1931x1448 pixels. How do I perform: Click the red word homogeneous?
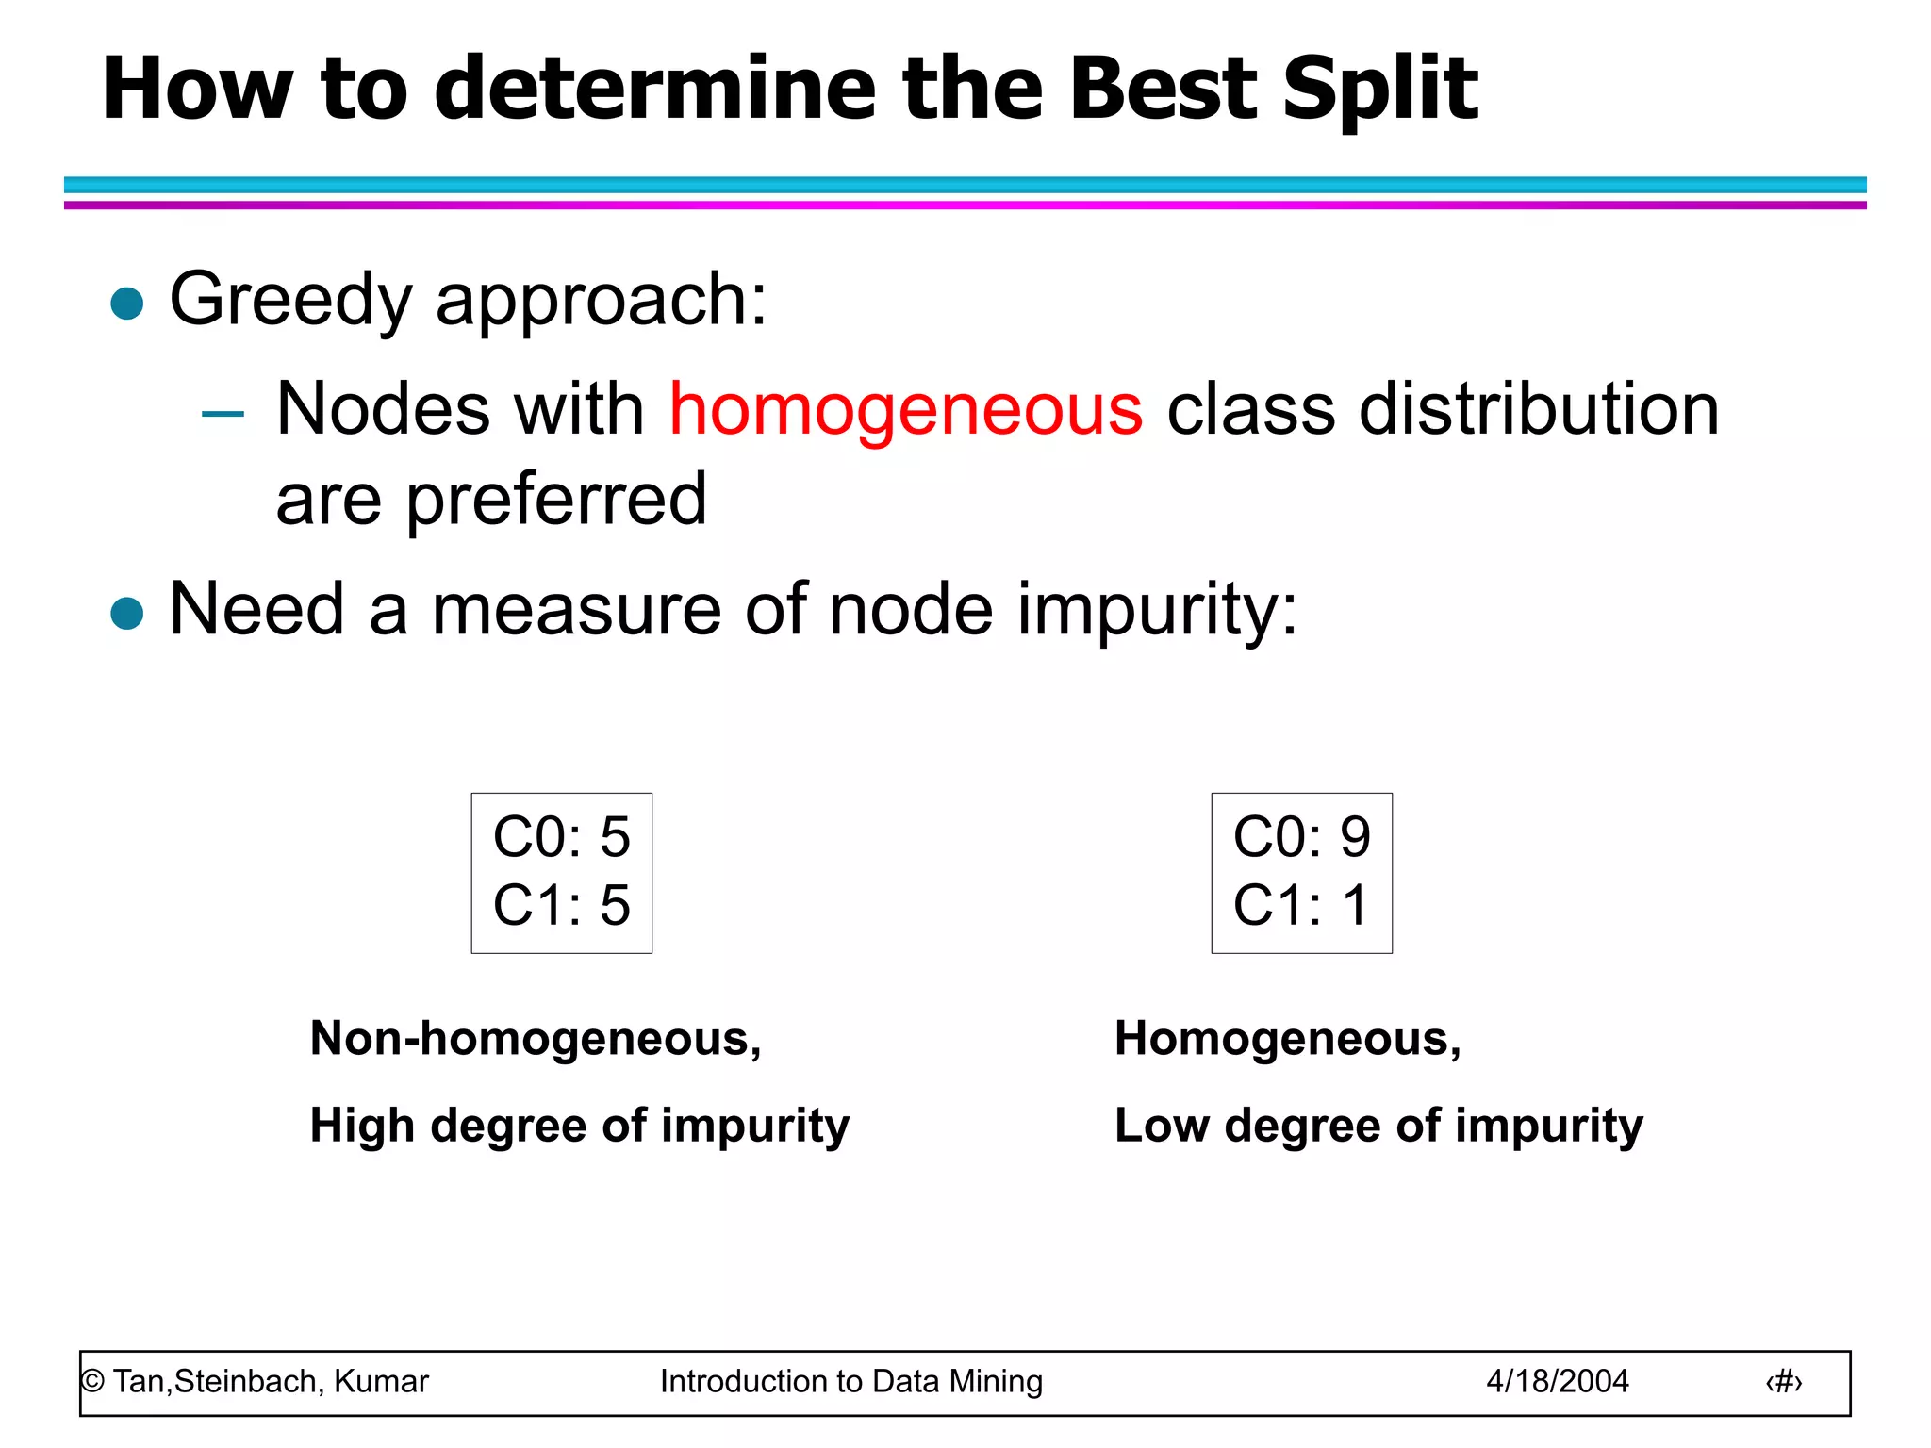(905, 410)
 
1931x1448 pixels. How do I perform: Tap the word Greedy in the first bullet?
(290, 300)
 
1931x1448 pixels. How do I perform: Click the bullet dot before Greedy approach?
(126, 304)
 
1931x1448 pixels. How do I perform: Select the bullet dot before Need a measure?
(126, 613)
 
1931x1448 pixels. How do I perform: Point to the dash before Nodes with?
(223, 413)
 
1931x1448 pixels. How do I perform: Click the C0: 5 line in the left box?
(561, 837)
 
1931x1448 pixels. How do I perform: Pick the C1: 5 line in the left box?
(561, 905)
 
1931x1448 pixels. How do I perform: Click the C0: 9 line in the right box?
(1301, 837)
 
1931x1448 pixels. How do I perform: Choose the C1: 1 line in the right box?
(1301, 905)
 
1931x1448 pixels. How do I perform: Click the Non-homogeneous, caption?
(536, 1039)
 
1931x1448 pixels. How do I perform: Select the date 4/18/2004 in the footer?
(1557, 1381)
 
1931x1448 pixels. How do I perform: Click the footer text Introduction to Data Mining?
(850, 1381)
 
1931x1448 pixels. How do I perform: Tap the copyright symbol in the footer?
(92, 1381)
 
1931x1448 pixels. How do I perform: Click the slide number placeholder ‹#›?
(1783, 1382)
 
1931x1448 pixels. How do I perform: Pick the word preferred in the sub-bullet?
(555, 500)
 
